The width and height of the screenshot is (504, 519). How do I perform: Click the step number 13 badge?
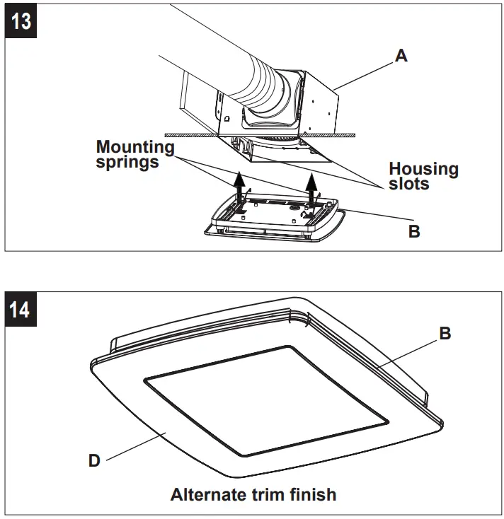pyautogui.click(x=22, y=20)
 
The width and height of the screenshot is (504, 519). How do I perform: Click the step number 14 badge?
pyautogui.click(x=22, y=308)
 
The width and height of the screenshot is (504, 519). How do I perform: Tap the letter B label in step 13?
pyautogui.click(x=414, y=231)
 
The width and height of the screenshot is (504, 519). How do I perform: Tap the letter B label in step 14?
pyautogui.click(x=445, y=333)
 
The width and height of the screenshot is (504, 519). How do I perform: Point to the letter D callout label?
pyautogui.click(x=93, y=461)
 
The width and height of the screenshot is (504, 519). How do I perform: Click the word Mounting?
pyautogui.click(x=135, y=147)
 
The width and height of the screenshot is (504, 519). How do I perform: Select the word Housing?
pyautogui.click(x=423, y=169)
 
